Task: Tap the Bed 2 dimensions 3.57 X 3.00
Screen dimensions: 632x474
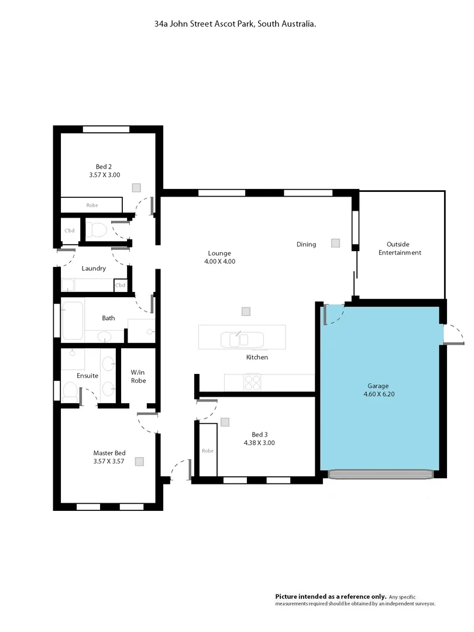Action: coord(104,174)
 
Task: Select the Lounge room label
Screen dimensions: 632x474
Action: coord(219,253)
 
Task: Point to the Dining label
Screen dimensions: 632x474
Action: coord(306,245)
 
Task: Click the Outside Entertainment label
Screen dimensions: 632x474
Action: coord(400,248)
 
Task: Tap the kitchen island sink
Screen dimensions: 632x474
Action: coord(234,339)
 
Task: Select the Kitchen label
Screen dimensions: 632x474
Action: coord(256,357)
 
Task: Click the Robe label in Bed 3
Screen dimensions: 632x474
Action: coord(208,451)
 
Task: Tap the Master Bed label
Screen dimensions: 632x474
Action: coord(109,452)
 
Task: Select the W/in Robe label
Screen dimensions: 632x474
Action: coord(138,376)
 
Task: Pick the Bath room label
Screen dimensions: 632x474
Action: coord(108,318)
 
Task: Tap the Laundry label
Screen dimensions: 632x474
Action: coord(94,269)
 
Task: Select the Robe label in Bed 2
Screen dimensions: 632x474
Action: coord(92,205)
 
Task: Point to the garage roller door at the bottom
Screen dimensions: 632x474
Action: coord(381,475)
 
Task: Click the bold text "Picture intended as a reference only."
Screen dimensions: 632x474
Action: coord(331,596)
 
